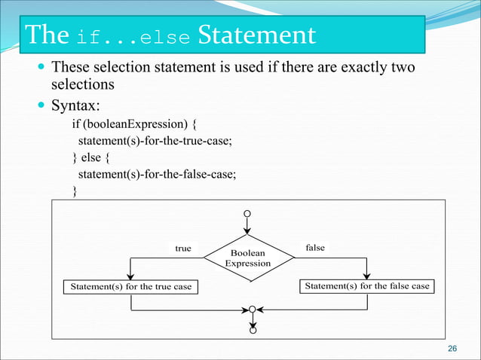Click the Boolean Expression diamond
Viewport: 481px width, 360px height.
tap(248, 258)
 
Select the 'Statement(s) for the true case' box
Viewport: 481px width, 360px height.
tap(130, 287)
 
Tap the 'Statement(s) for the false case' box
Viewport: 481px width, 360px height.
tap(366, 286)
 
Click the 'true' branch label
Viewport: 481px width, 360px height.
tap(182, 248)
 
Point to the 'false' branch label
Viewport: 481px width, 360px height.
tap(315, 247)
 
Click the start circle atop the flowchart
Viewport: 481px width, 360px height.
tap(247, 212)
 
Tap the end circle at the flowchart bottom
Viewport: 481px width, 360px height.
tap(253, 330)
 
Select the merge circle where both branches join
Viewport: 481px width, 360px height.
tap(253, 309)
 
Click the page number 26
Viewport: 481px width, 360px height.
tap(452, 348)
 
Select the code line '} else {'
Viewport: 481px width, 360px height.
tap(96, 157)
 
